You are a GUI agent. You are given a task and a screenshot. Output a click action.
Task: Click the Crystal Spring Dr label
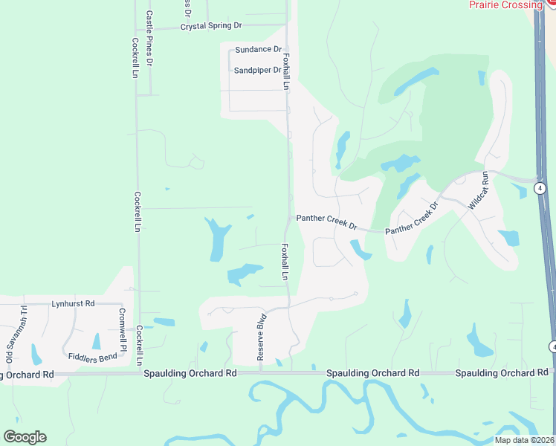[212, 25]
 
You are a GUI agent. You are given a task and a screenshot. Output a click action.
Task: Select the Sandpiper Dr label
[257, 70]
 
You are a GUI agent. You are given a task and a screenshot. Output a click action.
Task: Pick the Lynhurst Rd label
[73, 303]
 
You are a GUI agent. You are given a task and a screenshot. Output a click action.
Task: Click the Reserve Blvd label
[261, 340]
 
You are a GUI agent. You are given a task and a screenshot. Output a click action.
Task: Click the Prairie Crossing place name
[505, 4]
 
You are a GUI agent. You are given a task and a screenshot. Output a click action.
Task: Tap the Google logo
[25, 437]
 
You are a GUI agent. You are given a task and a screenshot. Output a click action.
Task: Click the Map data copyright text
[523, 440]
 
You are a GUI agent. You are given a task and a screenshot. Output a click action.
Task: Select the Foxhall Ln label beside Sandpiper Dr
[285, 68]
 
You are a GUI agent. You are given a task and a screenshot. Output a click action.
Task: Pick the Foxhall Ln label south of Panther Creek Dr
[285, 262]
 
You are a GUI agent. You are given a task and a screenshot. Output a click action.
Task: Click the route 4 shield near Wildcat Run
[540, 188]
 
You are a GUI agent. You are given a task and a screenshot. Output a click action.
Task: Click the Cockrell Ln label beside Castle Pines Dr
[135, 57]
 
